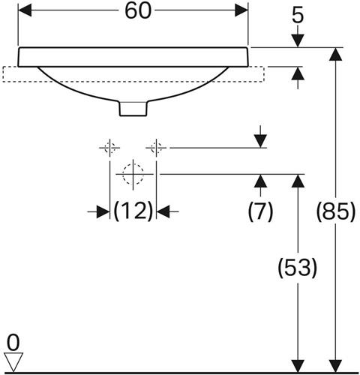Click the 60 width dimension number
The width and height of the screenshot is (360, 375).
point(138,11)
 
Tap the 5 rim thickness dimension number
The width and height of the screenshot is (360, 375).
point(298,16)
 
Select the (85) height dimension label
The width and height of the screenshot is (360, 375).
point(335,211)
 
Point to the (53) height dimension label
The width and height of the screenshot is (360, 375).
point(298,268)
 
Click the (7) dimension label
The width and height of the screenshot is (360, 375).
point(260,211)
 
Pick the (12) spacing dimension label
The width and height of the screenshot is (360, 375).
point(133,211)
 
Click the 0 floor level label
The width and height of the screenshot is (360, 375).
point(13,343)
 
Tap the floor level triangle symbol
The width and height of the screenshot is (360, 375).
point(13,362)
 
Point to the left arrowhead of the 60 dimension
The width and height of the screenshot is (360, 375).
point(25,10)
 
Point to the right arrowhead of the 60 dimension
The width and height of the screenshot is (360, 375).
point(241,10)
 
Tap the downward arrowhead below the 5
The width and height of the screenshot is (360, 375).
point(298,40)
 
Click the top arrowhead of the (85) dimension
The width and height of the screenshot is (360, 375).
point(335,54)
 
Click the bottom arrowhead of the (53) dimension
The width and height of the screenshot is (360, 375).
point(298,366)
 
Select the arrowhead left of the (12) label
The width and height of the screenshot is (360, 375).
point(103,211)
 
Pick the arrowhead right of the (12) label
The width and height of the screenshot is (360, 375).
point(163,211)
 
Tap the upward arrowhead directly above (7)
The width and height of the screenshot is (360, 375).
point(260,181)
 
